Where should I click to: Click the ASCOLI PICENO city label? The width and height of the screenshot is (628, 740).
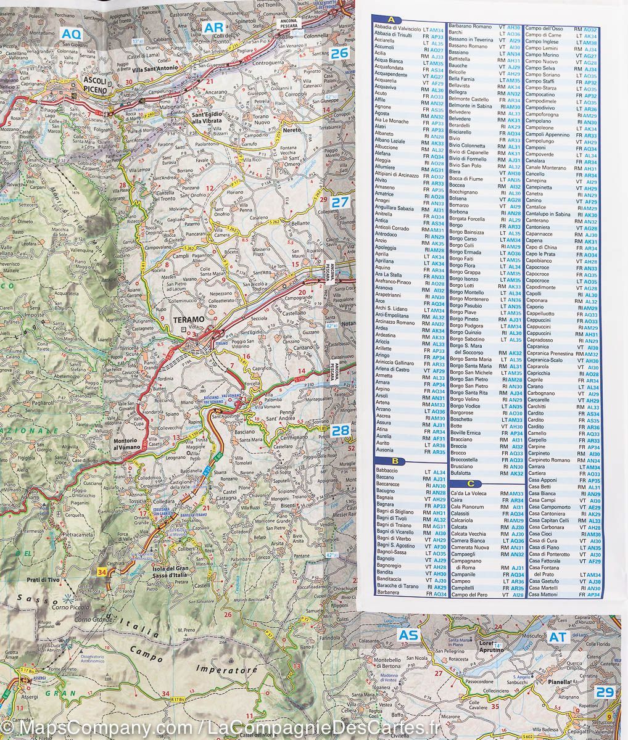(95, 86)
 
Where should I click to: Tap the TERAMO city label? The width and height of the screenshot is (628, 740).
(188, 319)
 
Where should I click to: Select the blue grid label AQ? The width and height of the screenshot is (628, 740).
(71, 35)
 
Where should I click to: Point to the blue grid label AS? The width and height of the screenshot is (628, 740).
(408, 636)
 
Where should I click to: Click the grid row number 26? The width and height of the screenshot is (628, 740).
(339, 54)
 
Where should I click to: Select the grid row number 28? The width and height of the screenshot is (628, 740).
(341, 430)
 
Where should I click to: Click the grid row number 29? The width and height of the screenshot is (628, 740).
(605, 692)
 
